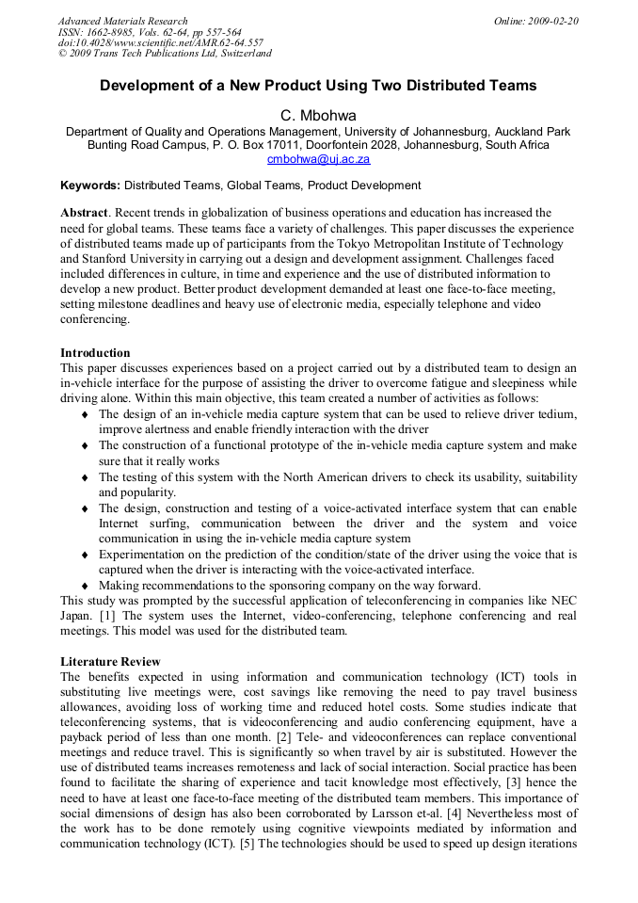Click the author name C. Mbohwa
[318, 115]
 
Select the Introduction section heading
[95, 353]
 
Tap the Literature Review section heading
[110, 662]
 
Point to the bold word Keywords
[90, 185]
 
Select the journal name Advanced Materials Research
[122, 21]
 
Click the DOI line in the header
[160, 42]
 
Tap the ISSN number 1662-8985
[112, 32]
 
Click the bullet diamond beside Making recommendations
[86, 585]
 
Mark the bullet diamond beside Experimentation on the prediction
[86, 555]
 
